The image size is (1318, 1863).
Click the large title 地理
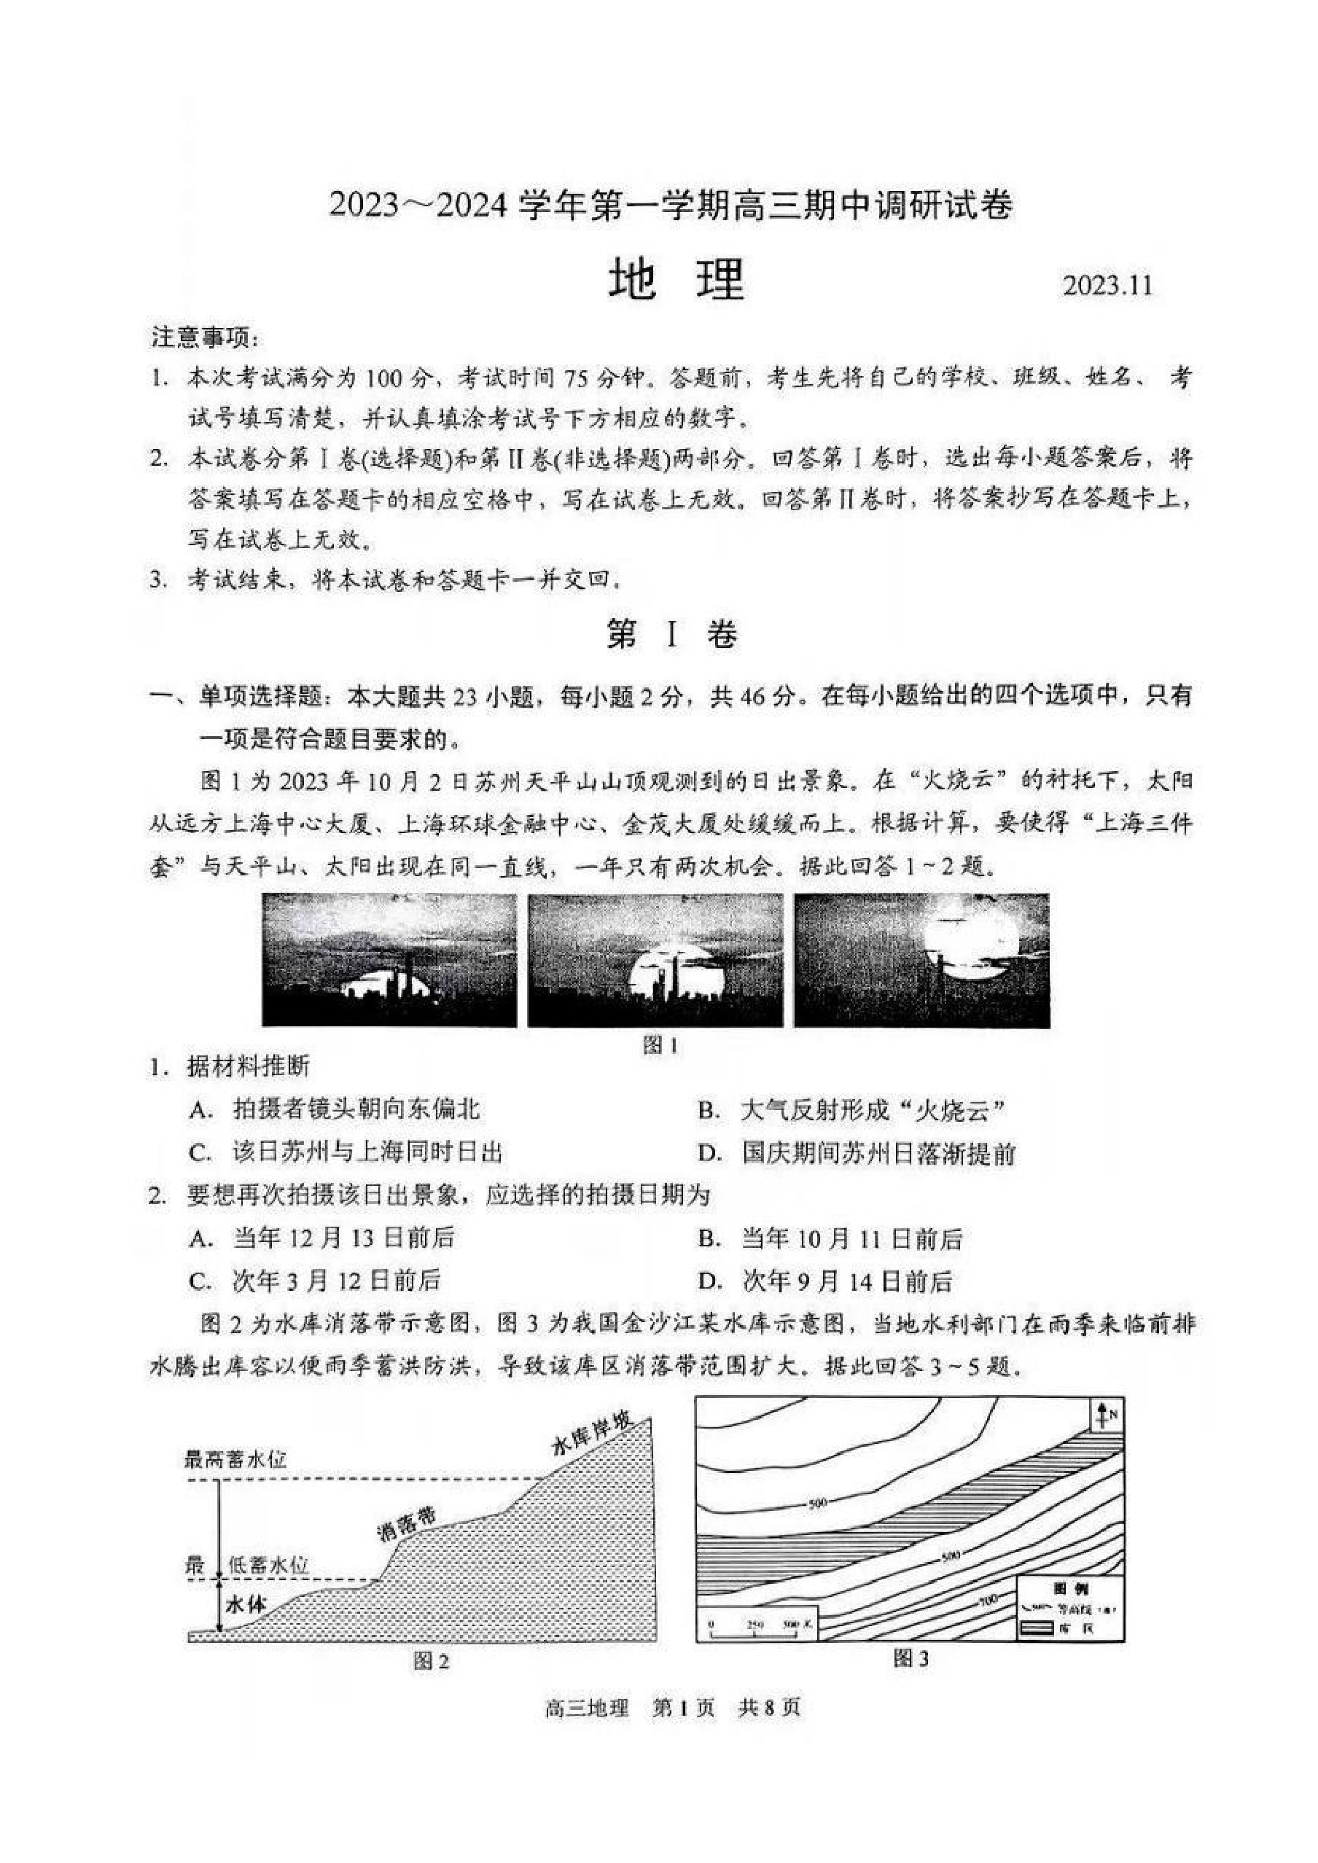coord(675,281)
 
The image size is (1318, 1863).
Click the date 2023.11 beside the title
coord(1107,286)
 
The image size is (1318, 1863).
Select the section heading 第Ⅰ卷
coord(672,635)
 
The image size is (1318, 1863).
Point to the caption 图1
coord(659,1046)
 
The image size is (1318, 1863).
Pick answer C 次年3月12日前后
coord(315,1281)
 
